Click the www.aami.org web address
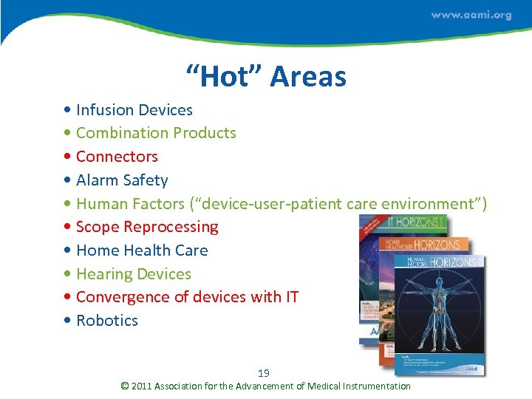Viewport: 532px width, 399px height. click(x=471, y=16)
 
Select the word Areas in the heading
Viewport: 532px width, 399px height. click(x=308, y=76)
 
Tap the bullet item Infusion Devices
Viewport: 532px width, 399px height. click(x=134, y=110)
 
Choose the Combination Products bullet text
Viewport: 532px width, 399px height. click(x=156, y=133)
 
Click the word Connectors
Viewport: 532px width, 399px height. click(x=117, y=157)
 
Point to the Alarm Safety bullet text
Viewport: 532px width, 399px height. click(x=122, y=180)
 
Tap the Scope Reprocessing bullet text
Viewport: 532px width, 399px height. click(x=147, y=227)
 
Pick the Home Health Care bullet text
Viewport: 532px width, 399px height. click(x=142, y=250)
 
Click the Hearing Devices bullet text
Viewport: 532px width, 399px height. click(x=133, y=274)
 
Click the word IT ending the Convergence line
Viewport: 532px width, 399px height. click(x=290, y=297)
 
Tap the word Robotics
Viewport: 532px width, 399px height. click(x=107, y=321)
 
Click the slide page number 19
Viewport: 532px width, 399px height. click(x=264, y=373)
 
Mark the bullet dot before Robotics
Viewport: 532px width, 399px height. click(x=68, y=321)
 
